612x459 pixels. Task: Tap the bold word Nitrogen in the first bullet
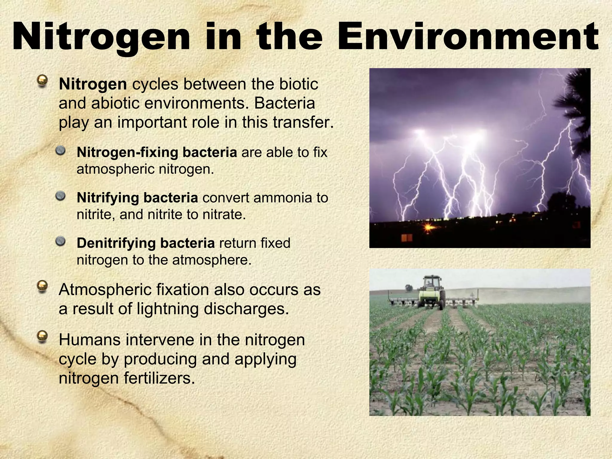[x=93, y=84]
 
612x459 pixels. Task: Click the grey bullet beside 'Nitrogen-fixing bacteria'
[x=61, y=150]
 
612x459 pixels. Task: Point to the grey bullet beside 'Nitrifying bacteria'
[x=61, y=196]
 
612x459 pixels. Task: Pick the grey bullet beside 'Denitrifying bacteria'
[x=61, y=241]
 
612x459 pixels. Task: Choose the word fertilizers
[x=159, y=378]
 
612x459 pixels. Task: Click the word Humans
[x=89, y=340]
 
